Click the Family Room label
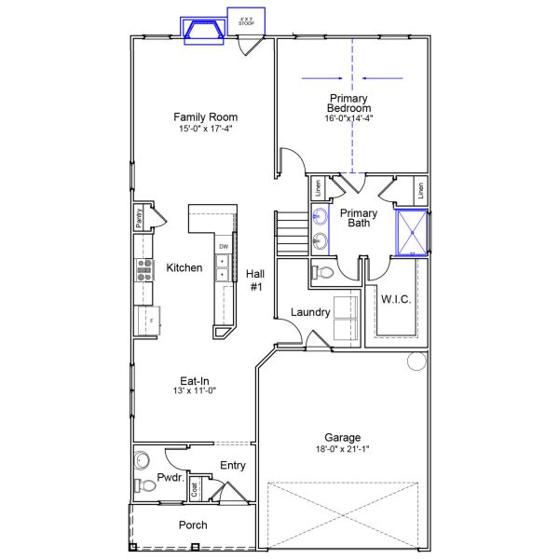205,117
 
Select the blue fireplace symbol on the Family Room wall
203,32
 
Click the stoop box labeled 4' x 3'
246,20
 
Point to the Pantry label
139,218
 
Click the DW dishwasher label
224,247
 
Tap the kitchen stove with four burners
145,268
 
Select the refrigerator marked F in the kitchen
146,321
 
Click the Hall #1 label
256,280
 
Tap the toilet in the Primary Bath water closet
321,272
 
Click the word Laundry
310,312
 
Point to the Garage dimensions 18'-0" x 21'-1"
343,450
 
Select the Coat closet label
195,487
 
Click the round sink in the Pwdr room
142,460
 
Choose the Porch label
194,525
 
